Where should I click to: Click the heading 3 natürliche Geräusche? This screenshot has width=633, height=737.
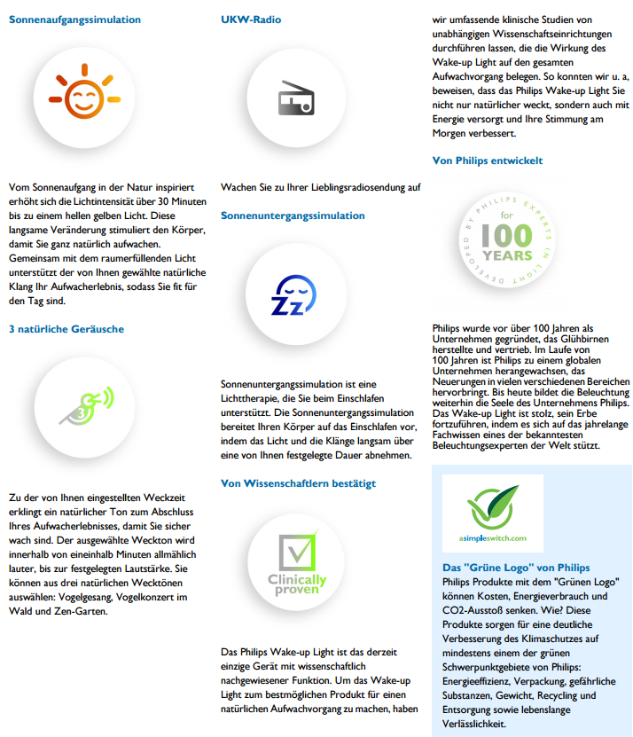click(66, 329)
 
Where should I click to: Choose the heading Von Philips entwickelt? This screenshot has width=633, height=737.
click(487, 161)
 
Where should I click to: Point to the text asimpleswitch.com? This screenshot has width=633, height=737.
click(494, 537)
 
